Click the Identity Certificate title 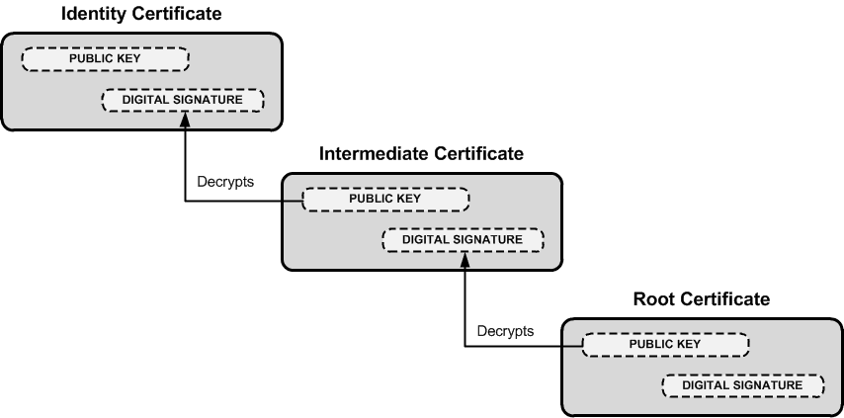(x=141, y=14)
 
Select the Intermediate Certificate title (x=421, y=154)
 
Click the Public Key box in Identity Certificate (x=105, y=58)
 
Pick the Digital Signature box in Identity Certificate (x=183, y=100)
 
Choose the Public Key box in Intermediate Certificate (x=385, y=199)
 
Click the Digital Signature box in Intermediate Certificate (x=463, y=240)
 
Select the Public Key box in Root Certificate (x=664, y=344)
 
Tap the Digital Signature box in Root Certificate (x=742, y=384)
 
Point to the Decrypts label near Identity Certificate (x=225, y=184)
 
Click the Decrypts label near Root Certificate (x=505, y=330)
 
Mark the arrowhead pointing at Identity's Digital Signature (x=185, y=118)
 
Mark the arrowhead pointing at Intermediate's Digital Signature (x=464, y=258)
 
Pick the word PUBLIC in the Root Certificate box (x=651, y=344)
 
